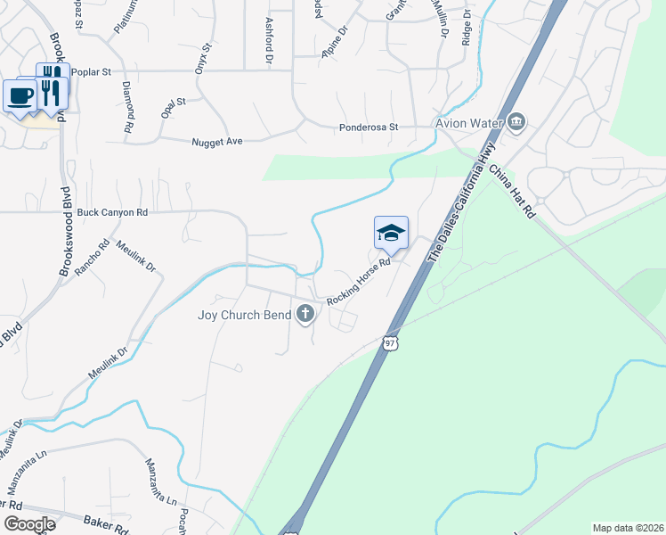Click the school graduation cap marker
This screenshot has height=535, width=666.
[x=392, y=234]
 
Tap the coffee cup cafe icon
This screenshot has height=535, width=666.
[x=20, y=95]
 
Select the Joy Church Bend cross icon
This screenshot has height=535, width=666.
[x=305, y=313]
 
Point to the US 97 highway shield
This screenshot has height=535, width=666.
[x=390, y=343]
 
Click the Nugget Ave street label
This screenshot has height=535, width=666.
[x=217, y=141]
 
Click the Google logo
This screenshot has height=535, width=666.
[x=28, y=524]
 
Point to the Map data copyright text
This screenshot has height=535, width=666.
[x=627, y=528]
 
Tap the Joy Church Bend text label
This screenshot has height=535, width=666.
[x=245, y=314]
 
